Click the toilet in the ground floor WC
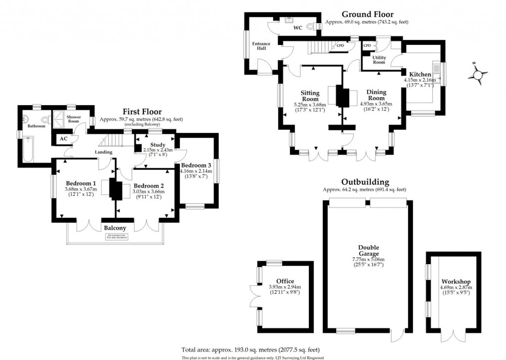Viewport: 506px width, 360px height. [311, 27]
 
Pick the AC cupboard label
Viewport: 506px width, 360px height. [63, 139]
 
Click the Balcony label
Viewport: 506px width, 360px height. [115, 228]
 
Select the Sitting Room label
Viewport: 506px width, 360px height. [310, 96]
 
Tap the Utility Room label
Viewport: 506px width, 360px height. [379, 60]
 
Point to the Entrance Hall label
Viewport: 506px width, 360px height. [261, 46]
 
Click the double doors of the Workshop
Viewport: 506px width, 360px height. [453, 337]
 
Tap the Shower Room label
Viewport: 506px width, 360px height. [74, 120]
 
